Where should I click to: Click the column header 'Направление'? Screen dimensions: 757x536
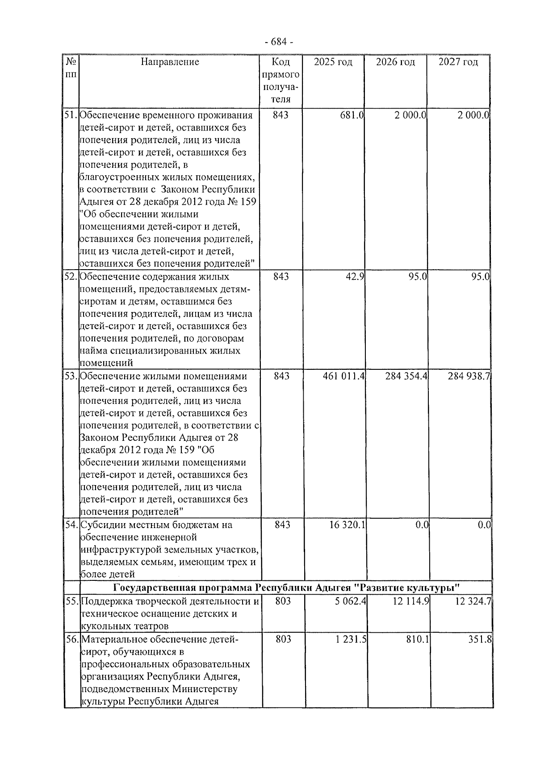pos(170,62)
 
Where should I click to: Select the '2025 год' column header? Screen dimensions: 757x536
pos(333,62)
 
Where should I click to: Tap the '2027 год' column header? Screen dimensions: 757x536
pos(458,62)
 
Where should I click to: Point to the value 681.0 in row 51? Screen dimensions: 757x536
pos(352,115)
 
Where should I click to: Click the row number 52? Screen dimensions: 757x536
pos(71,277)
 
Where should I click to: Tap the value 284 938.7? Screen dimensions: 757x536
pos(469,376)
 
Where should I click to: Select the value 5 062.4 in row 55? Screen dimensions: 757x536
pos(351,601)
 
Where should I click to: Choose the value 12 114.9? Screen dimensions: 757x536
pos(411,601)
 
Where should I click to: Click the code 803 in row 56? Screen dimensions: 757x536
pos(283,639)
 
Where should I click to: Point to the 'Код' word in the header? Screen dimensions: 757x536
pos(281,62)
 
